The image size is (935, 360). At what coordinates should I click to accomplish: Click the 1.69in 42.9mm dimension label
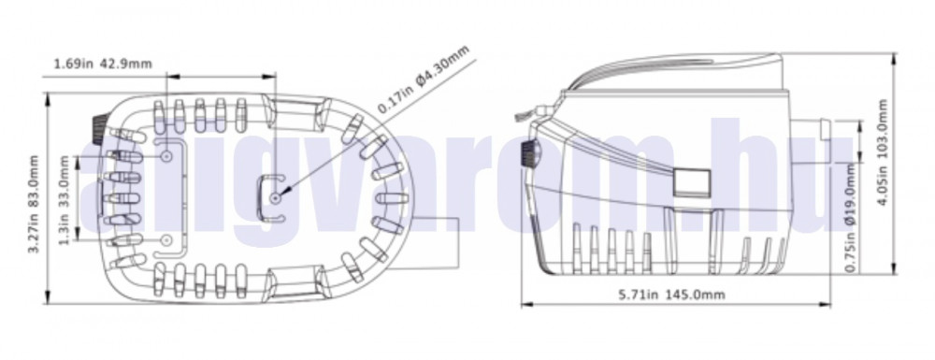point(103,64)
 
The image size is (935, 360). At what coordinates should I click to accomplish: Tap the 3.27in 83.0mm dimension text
point(34,205)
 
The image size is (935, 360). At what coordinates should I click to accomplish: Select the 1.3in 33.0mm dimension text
point(65,199)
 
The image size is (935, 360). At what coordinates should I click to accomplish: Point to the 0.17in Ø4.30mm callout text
point(424,79)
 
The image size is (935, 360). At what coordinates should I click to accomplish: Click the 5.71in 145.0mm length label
point(671,295)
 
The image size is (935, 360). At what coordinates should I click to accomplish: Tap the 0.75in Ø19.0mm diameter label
point(851,218)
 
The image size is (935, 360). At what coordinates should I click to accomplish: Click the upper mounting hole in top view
point(167,155)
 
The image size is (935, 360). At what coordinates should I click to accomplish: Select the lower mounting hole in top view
point(167,240)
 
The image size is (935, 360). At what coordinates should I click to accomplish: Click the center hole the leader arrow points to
point(275,198)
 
